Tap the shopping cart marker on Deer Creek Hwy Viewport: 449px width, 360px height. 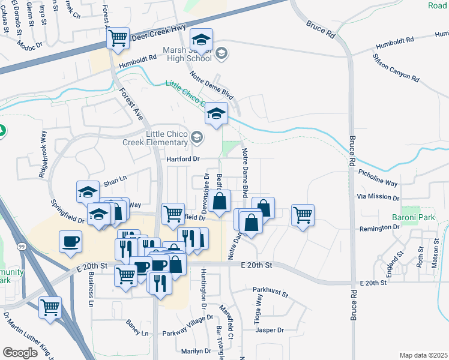[118, 38]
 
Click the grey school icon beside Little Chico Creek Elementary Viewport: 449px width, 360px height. [196, 139]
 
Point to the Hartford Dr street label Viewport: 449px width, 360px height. [183, 159]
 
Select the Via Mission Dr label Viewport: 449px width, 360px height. [378, 197]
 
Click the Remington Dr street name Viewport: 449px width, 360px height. [379, 228]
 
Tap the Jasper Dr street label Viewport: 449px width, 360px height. [268, 330]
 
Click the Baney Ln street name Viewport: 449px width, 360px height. [137, 328]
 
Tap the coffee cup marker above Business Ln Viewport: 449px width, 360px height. [71, 241]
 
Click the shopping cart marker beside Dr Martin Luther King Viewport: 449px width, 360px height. [50, 307]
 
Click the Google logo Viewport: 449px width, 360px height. [20, 353]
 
